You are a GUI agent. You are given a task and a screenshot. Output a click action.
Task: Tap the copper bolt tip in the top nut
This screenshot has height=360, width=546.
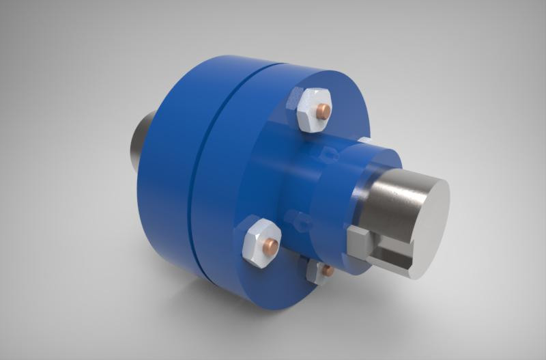pos(326,110)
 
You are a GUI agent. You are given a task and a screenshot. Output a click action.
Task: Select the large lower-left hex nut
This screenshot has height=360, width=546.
pos(258,240)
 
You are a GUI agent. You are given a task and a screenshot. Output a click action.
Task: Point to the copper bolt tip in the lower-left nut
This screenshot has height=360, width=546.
pos(272,243)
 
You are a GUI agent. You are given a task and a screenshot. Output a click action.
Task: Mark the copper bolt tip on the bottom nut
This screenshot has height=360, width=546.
pos(328,271)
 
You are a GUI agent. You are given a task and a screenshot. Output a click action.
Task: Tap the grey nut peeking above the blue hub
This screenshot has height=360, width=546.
pos(364,141)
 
